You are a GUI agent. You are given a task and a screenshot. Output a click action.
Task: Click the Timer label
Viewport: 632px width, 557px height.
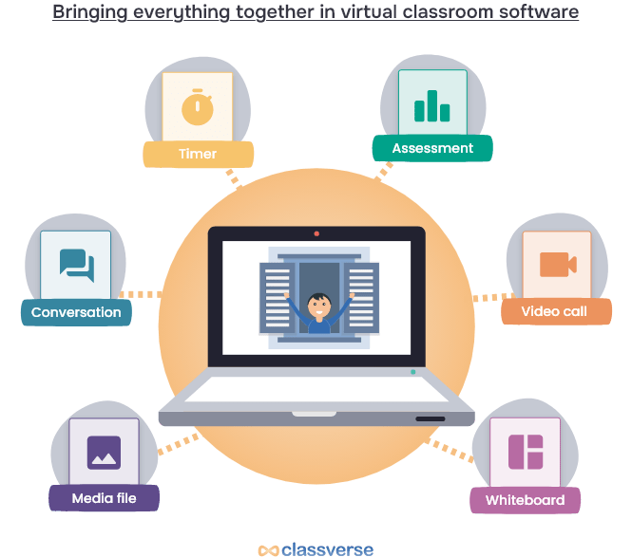click(x=198, y=154)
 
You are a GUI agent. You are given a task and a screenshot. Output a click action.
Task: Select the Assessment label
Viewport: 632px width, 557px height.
click(x=432, y=148)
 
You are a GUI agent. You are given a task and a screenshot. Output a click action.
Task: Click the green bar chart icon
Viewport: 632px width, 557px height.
click(x=432, y=105)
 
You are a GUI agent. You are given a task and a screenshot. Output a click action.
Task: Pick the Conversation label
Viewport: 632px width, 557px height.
click(x=76, y=312)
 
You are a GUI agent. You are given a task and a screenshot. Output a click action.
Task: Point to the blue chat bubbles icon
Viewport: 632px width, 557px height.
click(x=76, y=266)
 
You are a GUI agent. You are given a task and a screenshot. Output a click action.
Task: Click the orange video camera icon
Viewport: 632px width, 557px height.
click(x=558, y=265)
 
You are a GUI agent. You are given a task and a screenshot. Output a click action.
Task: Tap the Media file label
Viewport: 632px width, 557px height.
click(x=104, y=498)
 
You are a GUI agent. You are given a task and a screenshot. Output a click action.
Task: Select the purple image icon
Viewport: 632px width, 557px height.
click(x=104, y=453)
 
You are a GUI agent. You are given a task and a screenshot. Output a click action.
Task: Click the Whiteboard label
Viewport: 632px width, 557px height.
click(x=525, y=500)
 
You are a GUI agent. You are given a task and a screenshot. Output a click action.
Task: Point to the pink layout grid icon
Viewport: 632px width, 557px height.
click(x=525, y=452)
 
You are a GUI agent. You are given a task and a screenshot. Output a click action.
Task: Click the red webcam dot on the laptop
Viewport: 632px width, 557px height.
click(x=316, y=233)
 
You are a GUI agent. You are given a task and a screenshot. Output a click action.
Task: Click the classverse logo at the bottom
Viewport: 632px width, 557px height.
click(x=316, y=549)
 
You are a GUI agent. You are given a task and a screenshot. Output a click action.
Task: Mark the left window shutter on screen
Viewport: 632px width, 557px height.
click(x=277, y=298)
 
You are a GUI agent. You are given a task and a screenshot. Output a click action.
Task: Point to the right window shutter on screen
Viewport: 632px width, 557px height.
click(x=361, y=298)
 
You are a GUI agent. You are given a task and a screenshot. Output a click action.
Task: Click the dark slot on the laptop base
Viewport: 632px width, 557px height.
click(x=430, y=418)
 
